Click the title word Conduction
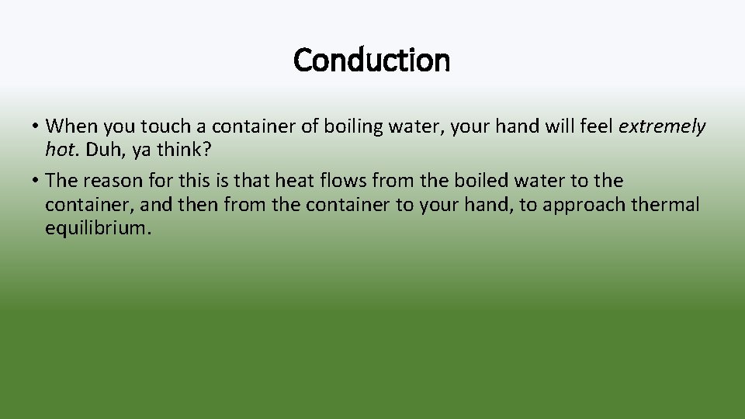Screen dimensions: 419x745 pos(372,60)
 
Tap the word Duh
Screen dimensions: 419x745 pos(100,148)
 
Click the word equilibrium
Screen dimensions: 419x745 pos(96,228)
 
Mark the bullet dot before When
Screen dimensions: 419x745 pos(36,126)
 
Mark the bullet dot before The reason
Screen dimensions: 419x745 pos(36,181)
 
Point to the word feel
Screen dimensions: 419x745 pos(595,126)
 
